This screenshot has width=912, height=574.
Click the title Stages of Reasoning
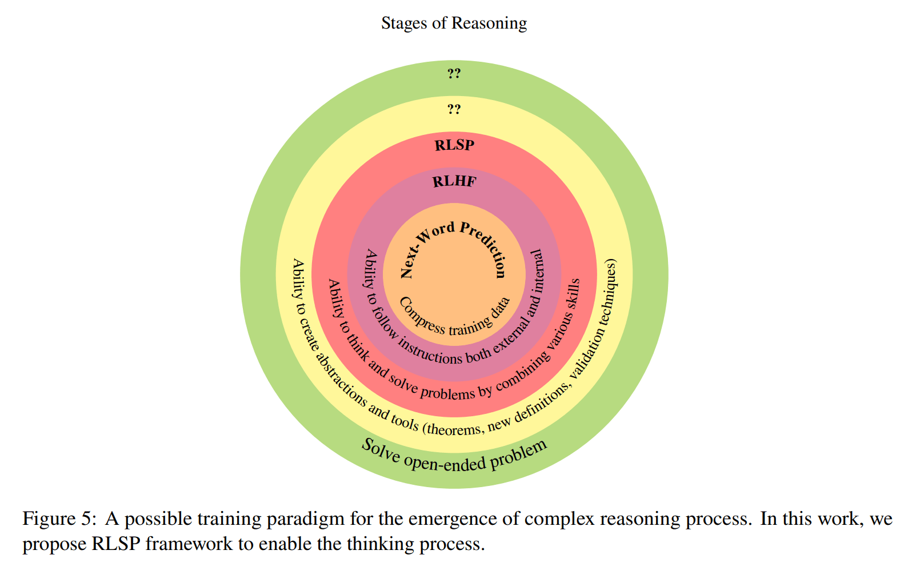coord(454,23)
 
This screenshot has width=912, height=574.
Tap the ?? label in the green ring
coord(454,73)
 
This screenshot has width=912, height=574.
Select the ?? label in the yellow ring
coord(454,109)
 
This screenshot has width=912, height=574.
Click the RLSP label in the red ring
coord(454,145)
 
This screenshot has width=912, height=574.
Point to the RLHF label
coord(454,182)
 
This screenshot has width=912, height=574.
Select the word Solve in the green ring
coord(381,450)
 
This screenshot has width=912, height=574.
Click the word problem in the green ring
coord(518,453)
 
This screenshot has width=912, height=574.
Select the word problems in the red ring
coord(447,393)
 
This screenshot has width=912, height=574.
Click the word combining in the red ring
coord(523,372)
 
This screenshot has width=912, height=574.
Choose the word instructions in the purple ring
coord(430,352)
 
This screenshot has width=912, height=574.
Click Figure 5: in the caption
coord(57,519)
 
